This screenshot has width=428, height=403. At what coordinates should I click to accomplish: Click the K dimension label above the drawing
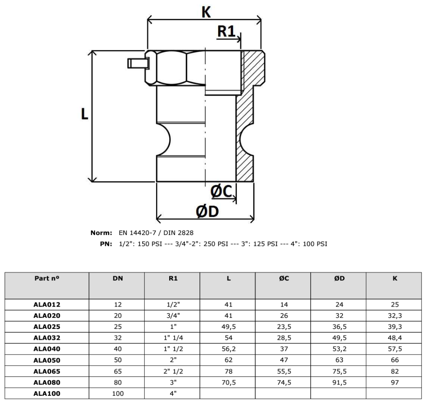pos(206,12)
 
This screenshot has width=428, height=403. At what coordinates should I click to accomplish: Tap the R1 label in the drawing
pos(226,31)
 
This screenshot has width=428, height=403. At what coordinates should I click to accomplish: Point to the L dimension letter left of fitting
pos(84,114)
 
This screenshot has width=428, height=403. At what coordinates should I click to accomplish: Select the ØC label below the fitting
pos(221,191)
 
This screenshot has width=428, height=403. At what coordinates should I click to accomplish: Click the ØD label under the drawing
pos(207,211)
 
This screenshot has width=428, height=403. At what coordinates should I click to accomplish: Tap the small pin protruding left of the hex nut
pos(138,64)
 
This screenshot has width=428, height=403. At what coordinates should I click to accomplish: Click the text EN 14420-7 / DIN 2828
pos(156,233)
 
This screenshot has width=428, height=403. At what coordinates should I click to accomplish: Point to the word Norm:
pos(101,233)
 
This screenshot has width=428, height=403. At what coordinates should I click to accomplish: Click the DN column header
pos(118,278)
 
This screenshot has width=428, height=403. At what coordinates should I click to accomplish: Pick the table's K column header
pos(395,278)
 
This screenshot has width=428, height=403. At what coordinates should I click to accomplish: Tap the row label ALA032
pos(47,338)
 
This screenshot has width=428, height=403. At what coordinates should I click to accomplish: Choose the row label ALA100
pos(47,393)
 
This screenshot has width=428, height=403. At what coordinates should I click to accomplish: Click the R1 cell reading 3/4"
pos(173,315)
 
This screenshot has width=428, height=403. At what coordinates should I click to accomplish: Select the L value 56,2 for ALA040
pos(229,349)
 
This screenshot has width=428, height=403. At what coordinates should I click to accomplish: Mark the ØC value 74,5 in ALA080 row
pos(284,382)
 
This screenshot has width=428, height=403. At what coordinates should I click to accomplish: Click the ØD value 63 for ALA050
pos(339,360)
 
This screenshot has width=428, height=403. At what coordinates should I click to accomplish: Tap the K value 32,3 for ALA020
pos(395,315)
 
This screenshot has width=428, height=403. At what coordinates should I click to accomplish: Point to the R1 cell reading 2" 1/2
pos(173,371)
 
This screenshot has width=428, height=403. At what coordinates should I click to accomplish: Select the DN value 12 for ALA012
pos(118,304)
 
